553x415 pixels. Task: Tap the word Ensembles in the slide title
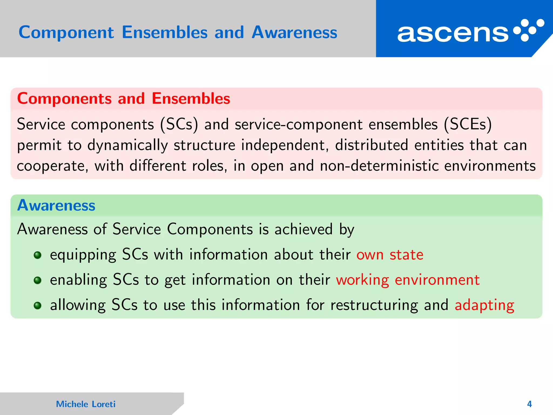click(x=165, y=32)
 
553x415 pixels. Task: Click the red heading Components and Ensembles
click(x=123, y=98)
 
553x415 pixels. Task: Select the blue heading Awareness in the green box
click(x=56, y=205)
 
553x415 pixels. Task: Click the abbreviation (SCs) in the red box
click(x=179, y=125)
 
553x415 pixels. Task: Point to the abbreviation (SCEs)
click(x=468, y=125)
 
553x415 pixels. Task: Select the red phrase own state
click(x=390, y=255)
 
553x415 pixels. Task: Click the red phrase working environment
click(x=408, y=280)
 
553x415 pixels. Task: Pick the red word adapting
click(x=484, y=305)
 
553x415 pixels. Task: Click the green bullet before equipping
click(x=38, y=255)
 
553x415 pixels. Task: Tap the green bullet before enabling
click(x=38, y=280)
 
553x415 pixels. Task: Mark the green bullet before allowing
click(x=38, y=306)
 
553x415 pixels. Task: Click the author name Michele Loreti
click(x=86, y=404)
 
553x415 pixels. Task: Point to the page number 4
click(x=529, y=404)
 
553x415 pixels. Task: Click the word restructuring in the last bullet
click(x=374, y=305)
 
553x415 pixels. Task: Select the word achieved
click(x=304, y=229)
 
